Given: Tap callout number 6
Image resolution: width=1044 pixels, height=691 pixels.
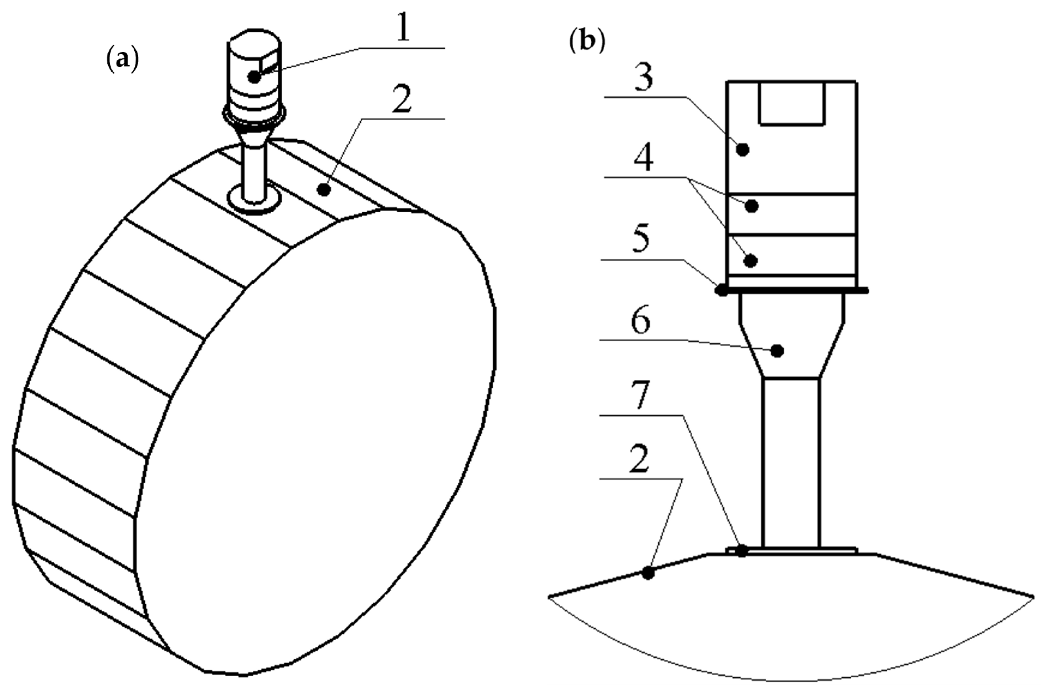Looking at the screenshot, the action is pos(640,321).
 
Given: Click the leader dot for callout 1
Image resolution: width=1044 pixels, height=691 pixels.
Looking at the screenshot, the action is pos(254,77).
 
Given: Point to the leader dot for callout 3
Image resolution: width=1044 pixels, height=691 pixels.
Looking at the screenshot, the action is pos(743,150).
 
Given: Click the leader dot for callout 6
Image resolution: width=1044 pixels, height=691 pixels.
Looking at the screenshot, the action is pos(777,351).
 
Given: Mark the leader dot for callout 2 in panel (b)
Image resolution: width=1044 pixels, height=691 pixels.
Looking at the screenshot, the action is pos(648,573).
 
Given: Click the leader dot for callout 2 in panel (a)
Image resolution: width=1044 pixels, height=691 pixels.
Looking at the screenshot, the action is pos(324,190).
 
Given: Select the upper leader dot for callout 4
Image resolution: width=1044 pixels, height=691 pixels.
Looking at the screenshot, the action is pos(752,206).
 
